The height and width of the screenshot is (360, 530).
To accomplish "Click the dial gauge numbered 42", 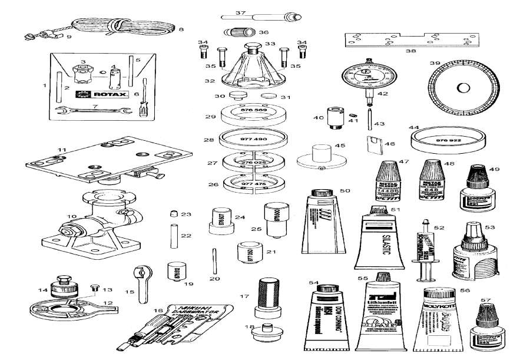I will [x=366, y=78].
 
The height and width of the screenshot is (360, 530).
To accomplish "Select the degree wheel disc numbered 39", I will [x=463, y=88].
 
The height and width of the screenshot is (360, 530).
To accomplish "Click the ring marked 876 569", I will [x=253, y=113].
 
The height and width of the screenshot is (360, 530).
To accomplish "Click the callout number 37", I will [x=240, y=12].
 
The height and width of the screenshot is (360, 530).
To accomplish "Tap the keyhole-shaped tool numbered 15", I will [x=143, y=280].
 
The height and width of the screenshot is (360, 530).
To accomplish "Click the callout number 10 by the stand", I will [x=72, y=217].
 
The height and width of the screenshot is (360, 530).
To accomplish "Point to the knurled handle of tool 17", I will [x=264, y=290].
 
